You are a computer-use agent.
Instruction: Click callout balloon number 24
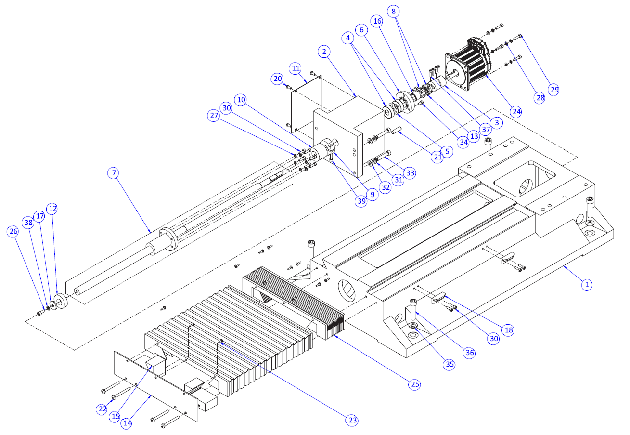point(516,111)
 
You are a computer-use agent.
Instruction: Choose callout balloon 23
point(352,420)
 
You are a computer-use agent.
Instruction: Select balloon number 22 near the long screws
point(102,409)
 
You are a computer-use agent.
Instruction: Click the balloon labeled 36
point(470,353)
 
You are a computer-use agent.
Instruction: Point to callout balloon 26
point(13,232)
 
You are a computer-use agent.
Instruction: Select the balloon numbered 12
point(52,209)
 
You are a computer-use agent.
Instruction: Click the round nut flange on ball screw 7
point(169,239)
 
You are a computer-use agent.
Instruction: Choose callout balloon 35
point(450,364)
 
